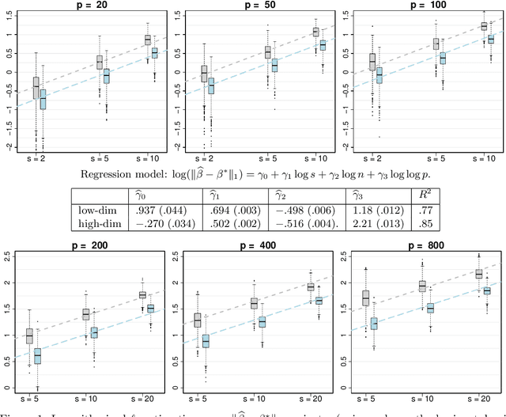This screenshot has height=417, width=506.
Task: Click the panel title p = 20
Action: tap(93, 5)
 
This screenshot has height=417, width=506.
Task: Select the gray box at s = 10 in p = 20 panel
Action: tap(147, 40)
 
